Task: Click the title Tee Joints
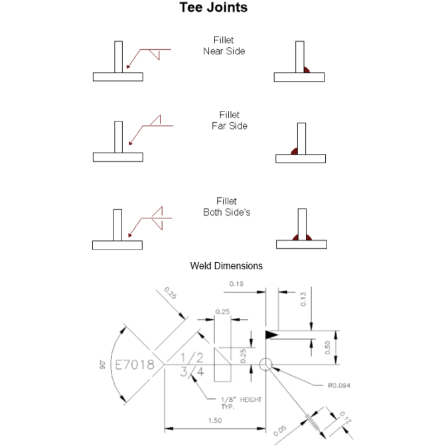click(x=214, y=9)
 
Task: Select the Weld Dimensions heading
click(x=226, y=265)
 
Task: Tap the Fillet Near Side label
click(x=224, y=45)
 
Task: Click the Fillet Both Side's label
click(x=226, y=207)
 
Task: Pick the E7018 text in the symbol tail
click(x=135, y=364)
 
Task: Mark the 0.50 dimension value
click(x=327, y=347)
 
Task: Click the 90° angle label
click(x=104, y=364)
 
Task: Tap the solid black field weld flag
click(x=272, y=334)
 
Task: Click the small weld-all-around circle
click(x=266, y=364)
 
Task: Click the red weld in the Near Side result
click(x=306, y=69)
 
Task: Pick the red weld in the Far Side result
click(x=294, y=151)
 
